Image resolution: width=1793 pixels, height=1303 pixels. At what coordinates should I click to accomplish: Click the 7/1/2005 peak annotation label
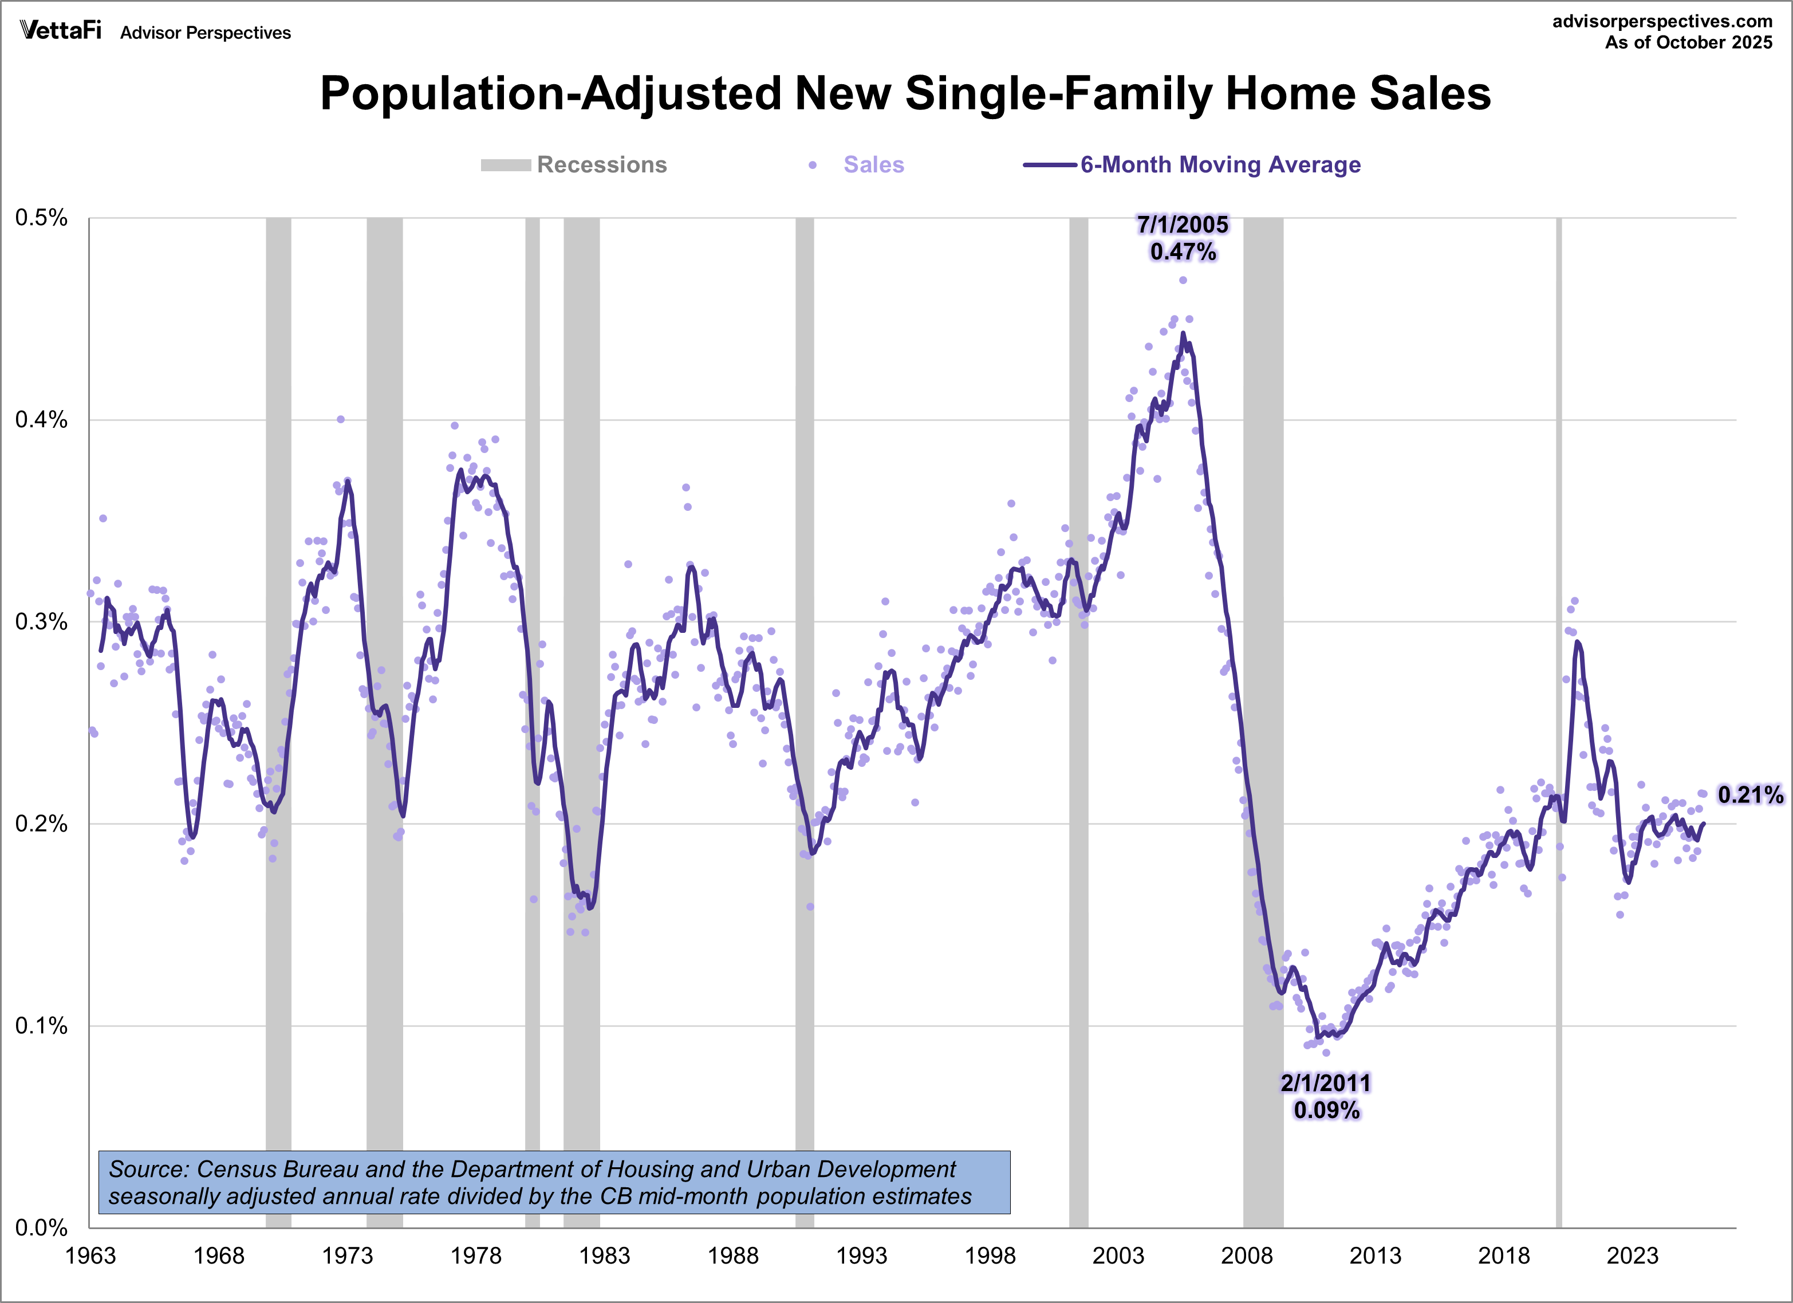coord(1183,237)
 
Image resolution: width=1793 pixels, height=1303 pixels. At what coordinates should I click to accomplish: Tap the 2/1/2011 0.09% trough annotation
coord(1326,1096)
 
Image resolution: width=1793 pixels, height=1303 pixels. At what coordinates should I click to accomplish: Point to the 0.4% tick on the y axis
coord(41,420)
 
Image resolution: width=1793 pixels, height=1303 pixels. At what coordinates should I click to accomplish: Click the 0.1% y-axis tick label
coord(41,1026)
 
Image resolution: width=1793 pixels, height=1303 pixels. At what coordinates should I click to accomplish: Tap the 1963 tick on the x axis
coord(90,1255)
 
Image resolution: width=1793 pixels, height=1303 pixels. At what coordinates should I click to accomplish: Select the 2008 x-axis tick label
coord(1247,1255)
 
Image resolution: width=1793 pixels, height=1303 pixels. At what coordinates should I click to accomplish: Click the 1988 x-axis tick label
coord(733,1255)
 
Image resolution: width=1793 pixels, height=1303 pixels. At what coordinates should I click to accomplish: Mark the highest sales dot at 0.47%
coord(1183,280)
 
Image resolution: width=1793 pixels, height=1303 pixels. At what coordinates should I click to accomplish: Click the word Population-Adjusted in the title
coord(550,93)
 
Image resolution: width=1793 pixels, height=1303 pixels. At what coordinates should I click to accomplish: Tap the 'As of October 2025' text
coord(1689,43)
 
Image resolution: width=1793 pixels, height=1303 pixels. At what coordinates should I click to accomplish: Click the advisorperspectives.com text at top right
coord(1662,21)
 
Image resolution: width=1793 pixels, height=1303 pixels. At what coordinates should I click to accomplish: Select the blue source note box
coord(553,1182)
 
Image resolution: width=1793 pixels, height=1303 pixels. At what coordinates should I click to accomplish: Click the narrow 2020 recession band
coord(1559,711)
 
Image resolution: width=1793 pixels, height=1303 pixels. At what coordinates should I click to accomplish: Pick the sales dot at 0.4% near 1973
coord(341,419)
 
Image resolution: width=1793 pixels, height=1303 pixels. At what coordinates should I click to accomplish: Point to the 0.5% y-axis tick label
coord(41,218)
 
